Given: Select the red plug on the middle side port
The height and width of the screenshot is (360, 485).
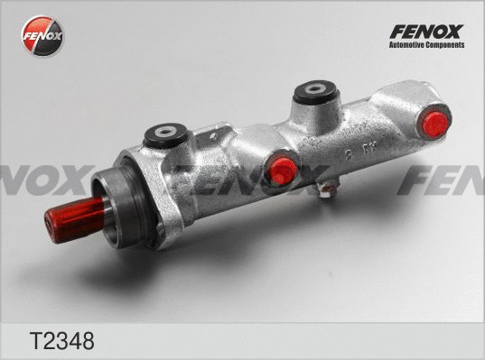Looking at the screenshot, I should click(284, 170).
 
